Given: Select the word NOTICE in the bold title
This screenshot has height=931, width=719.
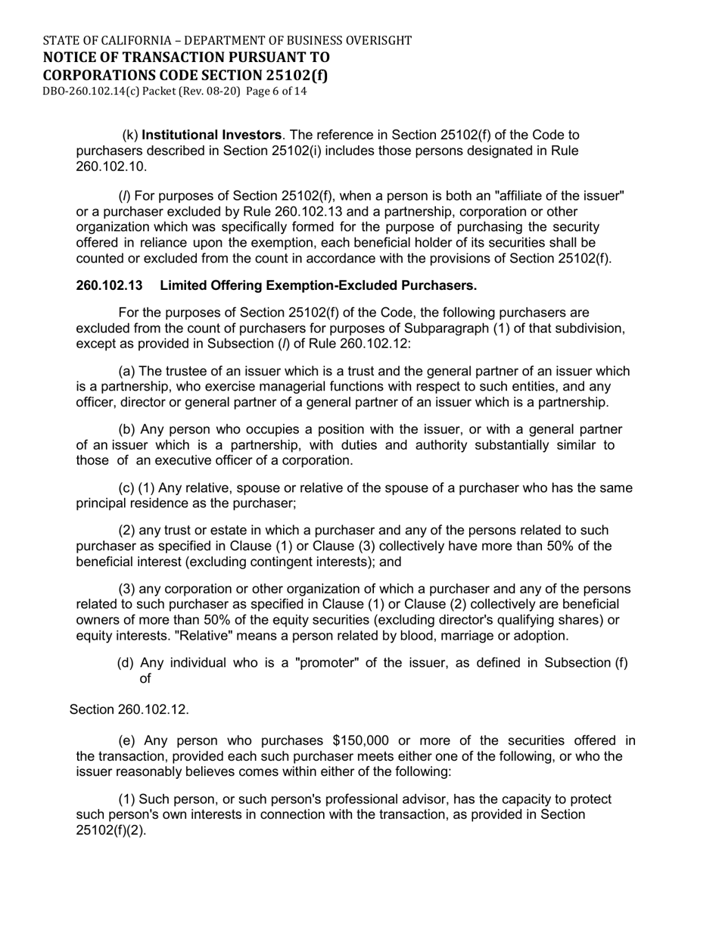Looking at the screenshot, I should pyautogui.click(x=70, y=58).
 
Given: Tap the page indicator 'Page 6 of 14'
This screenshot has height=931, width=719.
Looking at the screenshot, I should pyautogui.click(x=276, y=91).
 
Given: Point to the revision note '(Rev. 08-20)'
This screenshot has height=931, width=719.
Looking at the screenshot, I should pyautogui.click(x=212, y=91).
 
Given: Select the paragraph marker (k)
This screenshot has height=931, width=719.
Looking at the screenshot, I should pyautogui.click(x=130, y=135).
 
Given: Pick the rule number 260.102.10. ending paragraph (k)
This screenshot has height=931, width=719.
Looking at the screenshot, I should pyautogui.click(x=112, y=166).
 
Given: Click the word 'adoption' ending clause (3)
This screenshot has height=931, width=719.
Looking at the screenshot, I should pyautogui.click(x=543, y=635).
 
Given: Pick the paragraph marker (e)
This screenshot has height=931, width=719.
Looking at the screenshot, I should pyautogui.click(x=129, y=740).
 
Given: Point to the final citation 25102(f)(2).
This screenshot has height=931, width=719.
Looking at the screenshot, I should pyautogui.click(x=111, y=830).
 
